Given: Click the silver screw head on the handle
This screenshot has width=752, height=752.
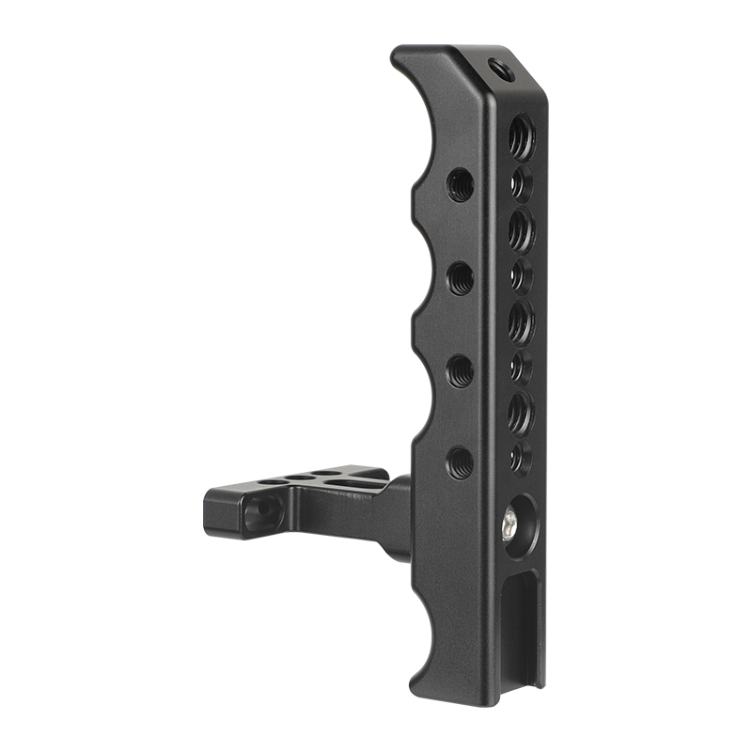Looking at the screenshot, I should click(x=510, y=519).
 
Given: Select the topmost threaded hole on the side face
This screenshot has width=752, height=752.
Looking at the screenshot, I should click(x=460, y=183).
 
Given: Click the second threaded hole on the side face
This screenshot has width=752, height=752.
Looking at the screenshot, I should click(x=460, y=277).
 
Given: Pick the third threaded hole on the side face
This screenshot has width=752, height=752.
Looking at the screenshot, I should click(x=460, y=370).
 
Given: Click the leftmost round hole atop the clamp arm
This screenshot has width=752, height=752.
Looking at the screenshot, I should click(x=273, y=482).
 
